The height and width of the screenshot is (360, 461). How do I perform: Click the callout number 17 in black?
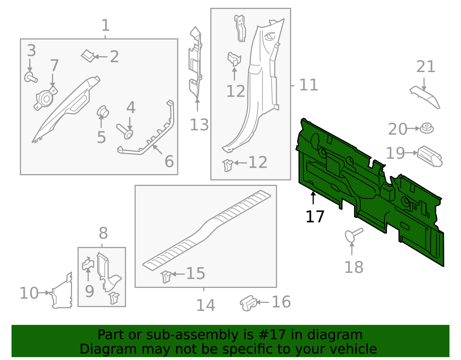click(315, 217)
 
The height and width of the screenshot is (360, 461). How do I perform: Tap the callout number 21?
click(426, 67)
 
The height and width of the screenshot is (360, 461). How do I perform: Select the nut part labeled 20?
click(427, 128)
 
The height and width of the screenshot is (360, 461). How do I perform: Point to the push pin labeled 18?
click(353, 234)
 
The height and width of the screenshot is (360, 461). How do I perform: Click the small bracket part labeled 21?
click(425, 97)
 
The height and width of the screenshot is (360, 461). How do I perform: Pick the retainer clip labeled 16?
click(248, 303)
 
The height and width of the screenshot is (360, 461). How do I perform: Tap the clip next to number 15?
click(166, 276)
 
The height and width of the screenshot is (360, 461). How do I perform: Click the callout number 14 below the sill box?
click(205, 306)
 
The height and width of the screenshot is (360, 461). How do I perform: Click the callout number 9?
click(89, 292)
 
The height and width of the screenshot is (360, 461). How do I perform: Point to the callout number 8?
click(103, 233)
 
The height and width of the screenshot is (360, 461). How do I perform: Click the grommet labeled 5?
click(103, 112)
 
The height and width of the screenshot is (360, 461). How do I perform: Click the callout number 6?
click(169, 161)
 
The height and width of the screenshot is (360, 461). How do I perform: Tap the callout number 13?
click(199, 125)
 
